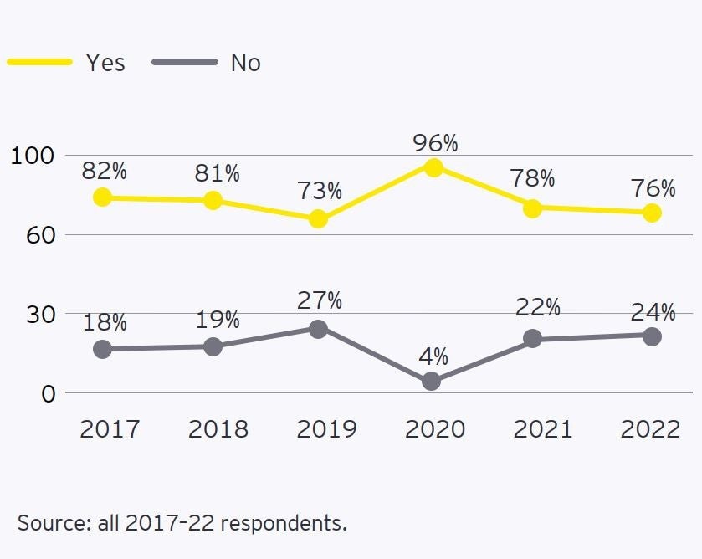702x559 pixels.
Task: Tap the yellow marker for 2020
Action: (433, 167)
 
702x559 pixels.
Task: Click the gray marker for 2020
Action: (432, 382)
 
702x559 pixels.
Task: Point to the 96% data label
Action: (435, 143)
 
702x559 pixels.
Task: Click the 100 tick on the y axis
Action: (32, 156)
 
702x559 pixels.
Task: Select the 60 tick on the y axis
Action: (33, 234)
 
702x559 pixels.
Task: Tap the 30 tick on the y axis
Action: (33, 314)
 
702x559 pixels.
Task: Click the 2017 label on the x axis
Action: (109, 429)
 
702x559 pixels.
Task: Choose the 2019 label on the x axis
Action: (326, 429)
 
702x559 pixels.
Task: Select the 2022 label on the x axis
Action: (650, 429)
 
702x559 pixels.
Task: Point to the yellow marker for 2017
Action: (102, 197)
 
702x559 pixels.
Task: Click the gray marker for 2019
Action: (318, 329)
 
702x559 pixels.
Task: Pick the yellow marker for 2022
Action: (651, 213)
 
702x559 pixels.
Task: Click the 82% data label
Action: (105, 172)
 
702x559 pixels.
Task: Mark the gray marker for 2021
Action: (532, 339)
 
